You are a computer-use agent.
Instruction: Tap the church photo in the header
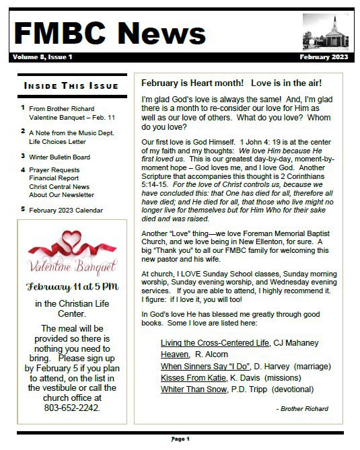point(326,32)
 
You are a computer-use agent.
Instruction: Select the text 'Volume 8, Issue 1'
point(42,57)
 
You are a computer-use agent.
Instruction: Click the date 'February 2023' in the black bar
point(324,57)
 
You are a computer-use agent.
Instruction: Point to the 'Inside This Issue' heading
point(71,86)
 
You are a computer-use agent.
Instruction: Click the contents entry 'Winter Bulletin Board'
point(59,156)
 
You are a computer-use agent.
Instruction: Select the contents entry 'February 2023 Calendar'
point(66,210)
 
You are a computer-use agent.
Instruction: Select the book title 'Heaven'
point(175,354)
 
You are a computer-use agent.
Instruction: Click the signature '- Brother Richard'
point(302,408)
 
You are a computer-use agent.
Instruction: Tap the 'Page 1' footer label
point(180,439)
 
